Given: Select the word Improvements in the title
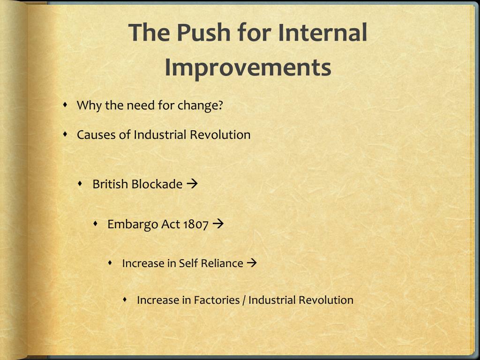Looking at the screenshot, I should tap(248, 67).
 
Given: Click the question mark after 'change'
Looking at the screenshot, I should tap(220, 105).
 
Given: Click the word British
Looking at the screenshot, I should tap(110, 184).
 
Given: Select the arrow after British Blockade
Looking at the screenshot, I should tap(192, 184).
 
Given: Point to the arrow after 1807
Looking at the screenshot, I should tap(218, 224).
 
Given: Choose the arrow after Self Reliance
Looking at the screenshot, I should tap(252, 263).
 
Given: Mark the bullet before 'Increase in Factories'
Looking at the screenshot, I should tap(126, 300).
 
